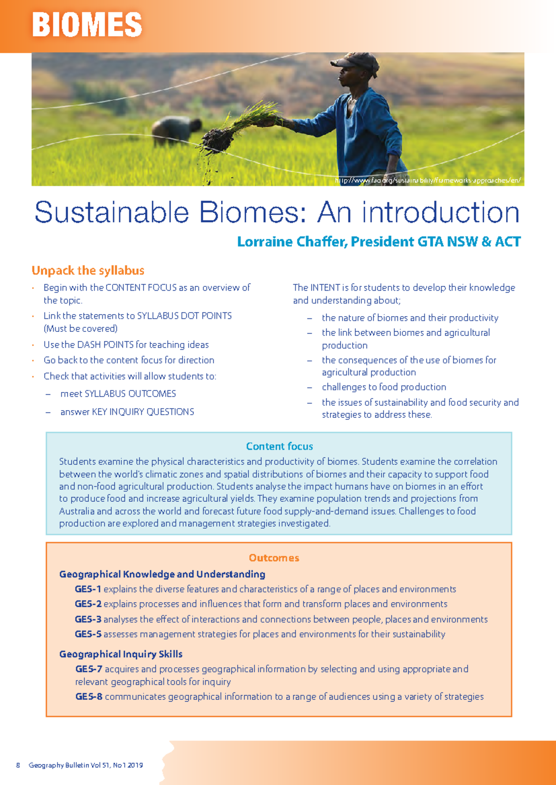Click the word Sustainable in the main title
[x=111, y=212]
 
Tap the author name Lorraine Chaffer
[x=292, y=242]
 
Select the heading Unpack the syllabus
[x=88, y=270]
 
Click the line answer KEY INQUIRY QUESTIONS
[x=127, y=412]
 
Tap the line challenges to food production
[x=384, y=387]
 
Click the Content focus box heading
[x=279, y=446]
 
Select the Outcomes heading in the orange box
[x=274, y=558]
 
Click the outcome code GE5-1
[x=88, y=589]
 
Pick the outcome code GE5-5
[x=88, y=634]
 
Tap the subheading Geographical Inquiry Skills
[x=120, y=654]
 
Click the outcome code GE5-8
[x=88, y=697]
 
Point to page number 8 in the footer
[x=18, y=765]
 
